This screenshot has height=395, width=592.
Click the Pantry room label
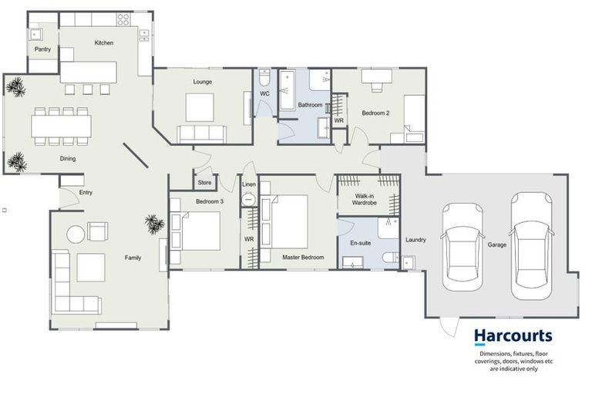(42, 49)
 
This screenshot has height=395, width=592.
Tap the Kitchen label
(104, 43)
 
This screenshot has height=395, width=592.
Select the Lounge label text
(202, 81)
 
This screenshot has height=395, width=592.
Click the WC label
(264, 94)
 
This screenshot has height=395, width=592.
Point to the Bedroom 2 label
(376, 113)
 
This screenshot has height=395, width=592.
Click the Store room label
(204, 183)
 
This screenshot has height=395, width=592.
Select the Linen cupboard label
(248, 185)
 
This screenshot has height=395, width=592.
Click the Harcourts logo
(513, 336)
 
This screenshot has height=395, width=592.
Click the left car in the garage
(462, 247)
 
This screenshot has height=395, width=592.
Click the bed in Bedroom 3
(200, 230)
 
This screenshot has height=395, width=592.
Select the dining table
(61, 126)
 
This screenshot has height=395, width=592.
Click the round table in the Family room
(75, 234)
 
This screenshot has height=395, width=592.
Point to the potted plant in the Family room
(154, 224)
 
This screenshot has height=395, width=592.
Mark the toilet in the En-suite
(389, 258)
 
